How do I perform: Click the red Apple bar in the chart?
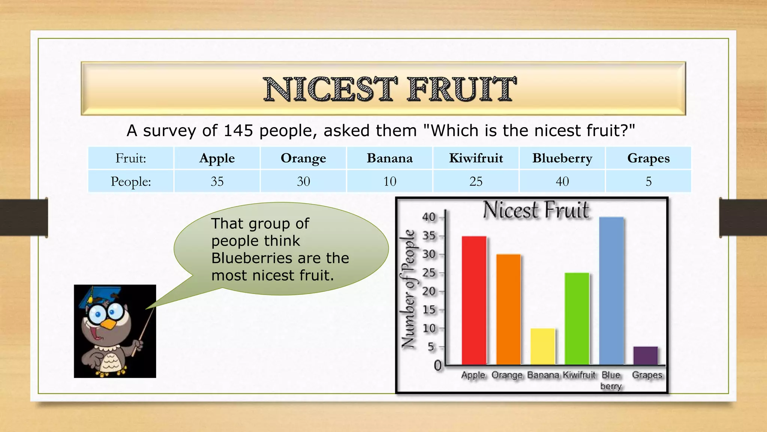(x=474, y=300)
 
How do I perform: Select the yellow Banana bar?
(x=543, y=346)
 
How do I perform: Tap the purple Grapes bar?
(x=645, y=355)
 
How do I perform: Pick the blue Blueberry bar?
(x=611, y=291)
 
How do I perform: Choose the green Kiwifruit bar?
(x=577, y=319)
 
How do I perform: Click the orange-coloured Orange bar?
(x=508, y=309)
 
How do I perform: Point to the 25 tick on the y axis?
(x=429, y=273)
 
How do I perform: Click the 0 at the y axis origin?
(x=437, y=365)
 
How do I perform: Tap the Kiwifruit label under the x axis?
(x=579, y=375)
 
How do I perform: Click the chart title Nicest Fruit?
(x=536, y=210)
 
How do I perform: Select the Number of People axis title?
(x=409, y=289)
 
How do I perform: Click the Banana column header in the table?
(x=389, y=158)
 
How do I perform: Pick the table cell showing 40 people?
(x=562, y=181)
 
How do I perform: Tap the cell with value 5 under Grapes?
(x=648, y=181)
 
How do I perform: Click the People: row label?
(x=131, y=181)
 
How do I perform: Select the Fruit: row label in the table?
(x=131, y=158)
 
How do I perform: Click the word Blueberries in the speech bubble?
(x=252, y=258)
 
